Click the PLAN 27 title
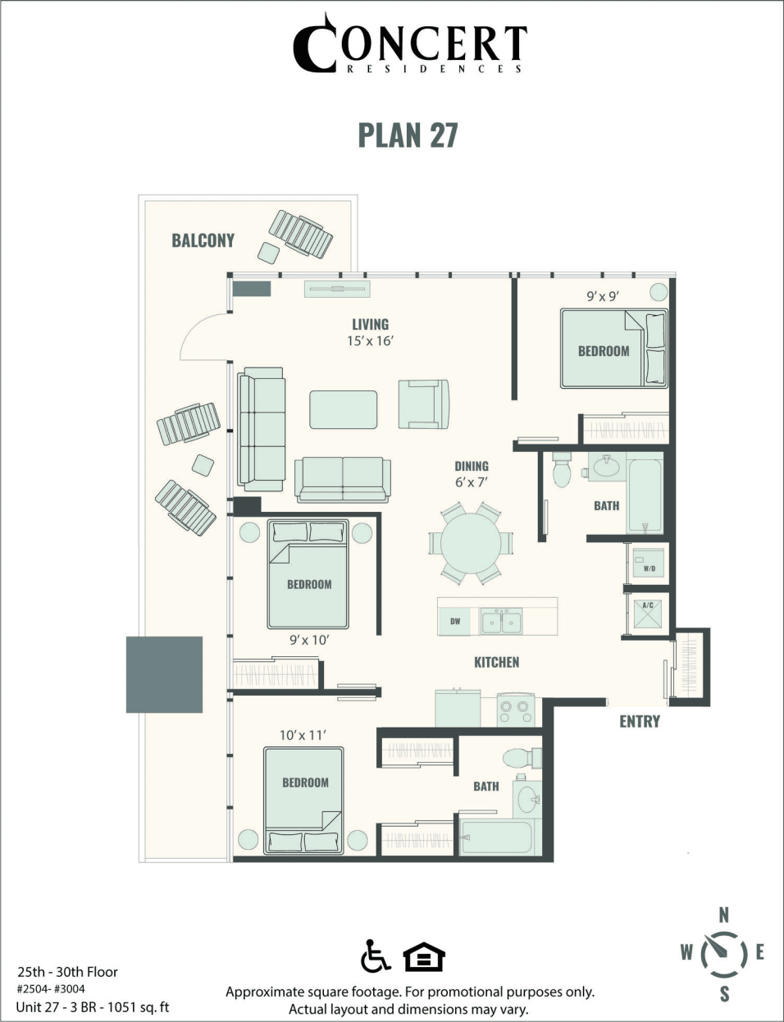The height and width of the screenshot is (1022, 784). (408, 135)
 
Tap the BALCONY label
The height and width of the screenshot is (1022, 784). (203, 240)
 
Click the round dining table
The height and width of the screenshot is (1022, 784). (471, 544)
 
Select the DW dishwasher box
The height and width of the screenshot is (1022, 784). (455, 622)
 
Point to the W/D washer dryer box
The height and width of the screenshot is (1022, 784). (649, 563)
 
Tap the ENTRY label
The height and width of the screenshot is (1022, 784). (639, 721)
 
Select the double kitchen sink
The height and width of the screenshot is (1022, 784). (501, 622)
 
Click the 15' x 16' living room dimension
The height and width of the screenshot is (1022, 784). (370, 340)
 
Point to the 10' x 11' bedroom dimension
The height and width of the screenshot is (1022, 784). (303, 735)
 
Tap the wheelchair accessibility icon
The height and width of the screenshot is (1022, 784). (376, 956)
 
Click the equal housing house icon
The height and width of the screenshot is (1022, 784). (424, 957)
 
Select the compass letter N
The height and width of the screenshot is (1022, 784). (723, 915)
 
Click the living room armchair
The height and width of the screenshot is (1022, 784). (423, 404)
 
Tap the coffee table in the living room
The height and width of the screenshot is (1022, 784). (344, 408)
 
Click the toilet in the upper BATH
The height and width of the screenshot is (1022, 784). (562, 468)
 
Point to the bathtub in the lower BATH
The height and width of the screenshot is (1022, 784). (495, 837)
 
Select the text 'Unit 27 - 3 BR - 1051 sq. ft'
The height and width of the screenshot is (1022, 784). (92, 1006)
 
